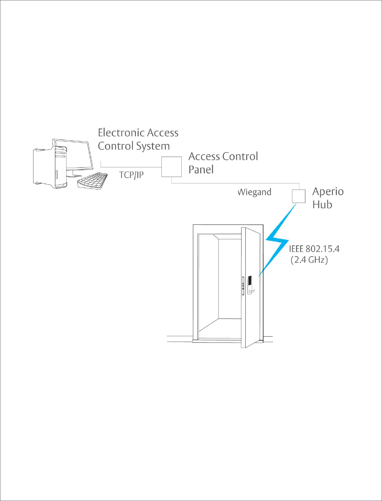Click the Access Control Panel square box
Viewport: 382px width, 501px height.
171,167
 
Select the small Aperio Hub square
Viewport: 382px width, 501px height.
299,196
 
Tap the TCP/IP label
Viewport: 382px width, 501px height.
131,175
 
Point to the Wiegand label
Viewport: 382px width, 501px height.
255,192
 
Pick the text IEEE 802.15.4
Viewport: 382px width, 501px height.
314,249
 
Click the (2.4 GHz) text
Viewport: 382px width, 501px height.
309,260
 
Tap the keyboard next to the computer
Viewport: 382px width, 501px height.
92,181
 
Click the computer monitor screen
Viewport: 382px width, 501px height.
73,154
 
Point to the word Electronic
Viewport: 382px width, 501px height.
121,133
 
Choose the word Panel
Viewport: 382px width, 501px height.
201,169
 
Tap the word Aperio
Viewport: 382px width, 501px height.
328,192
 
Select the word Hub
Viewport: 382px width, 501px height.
322,204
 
